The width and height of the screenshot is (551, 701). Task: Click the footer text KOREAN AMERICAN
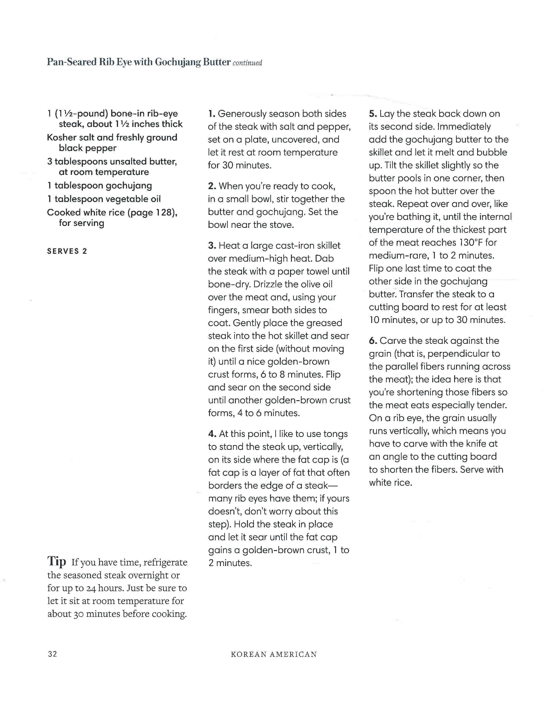pos(274,654)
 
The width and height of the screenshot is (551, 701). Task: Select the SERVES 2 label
pos(67,251)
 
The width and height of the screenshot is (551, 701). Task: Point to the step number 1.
pos(211,114)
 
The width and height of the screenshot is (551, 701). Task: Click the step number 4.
pos(212,434)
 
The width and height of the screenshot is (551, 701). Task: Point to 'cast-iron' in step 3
pos(294,246)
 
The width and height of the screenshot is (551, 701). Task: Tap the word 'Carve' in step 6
pos(391,341)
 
